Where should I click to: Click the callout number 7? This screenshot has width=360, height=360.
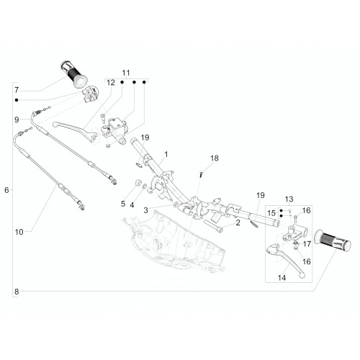point(17,90)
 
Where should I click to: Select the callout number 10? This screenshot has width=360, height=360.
point(19,232)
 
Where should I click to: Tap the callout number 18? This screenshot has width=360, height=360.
point(215,158)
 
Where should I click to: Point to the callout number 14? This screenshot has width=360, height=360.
point(282,278)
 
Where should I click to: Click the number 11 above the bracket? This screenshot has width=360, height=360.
point(126,73)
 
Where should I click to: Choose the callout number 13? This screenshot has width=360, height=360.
point(289,199)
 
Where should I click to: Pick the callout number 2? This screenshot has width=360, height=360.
point(238,222)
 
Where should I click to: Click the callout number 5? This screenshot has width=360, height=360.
point(123,204)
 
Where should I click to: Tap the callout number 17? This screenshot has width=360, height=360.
point(307,244)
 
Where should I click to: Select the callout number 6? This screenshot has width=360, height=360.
point(6,190)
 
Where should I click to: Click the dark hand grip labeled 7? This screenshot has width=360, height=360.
point(73,73)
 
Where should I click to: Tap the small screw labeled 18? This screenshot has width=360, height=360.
point(201,174)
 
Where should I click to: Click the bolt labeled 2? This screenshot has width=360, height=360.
point(213,226)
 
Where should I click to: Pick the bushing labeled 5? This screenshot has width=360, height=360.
point(138,182)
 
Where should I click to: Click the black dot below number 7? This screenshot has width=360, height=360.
point(17,100)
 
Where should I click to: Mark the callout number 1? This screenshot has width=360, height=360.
point(166,154)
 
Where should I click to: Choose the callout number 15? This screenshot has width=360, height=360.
point(271,213)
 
